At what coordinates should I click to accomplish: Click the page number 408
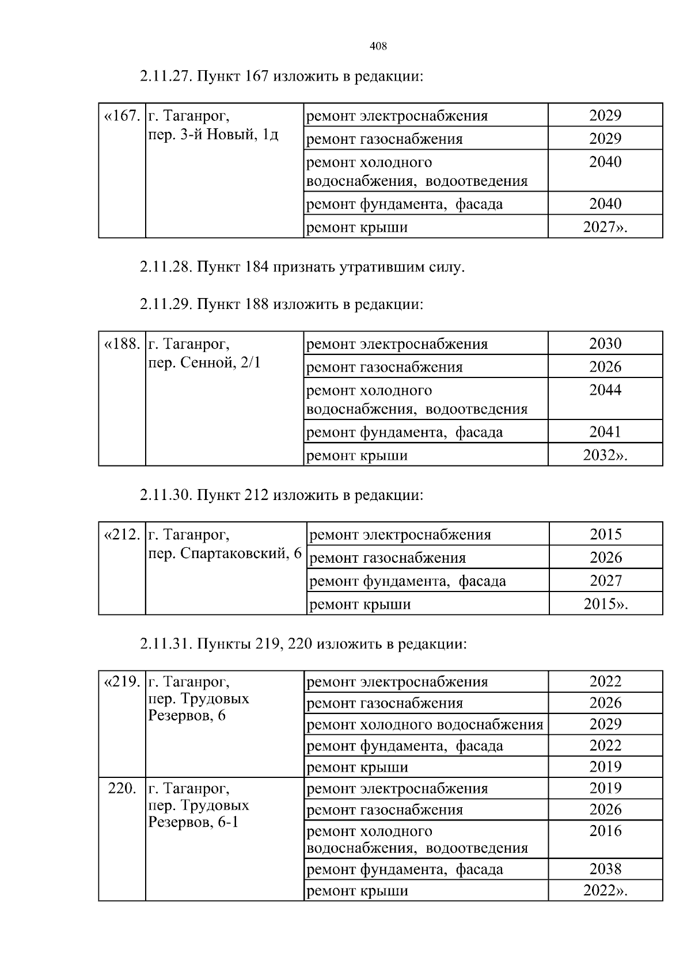tap(378, 47)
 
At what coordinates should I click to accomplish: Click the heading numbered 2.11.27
tap(281, 77)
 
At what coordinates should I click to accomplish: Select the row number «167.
tap(122, 116)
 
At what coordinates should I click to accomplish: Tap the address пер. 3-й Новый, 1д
tap(214, 135)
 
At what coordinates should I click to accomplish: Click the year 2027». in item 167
tap(605, 227)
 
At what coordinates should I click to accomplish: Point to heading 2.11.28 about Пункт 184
tap(302, 268)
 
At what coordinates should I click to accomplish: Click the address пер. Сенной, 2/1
tap(204, 363)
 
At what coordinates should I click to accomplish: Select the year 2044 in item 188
tap(605, 390)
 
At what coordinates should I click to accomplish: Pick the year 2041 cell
tap(605, 432)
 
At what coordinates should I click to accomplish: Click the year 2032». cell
tap(605, 456)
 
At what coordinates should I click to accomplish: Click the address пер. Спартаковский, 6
tap(225, 554)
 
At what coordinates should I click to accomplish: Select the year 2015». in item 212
tap(605, 604)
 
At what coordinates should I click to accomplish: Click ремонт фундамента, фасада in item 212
tap(408, 581)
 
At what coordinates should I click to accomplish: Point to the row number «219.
tap(122, 682)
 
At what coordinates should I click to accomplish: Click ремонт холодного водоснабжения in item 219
tap(425, 724)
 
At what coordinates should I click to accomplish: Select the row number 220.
tap(122, 789)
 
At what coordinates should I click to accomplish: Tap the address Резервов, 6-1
tap(193, 822)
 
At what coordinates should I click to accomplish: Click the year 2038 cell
tap(605, 869)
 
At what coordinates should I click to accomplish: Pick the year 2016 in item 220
tap(605, 831)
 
